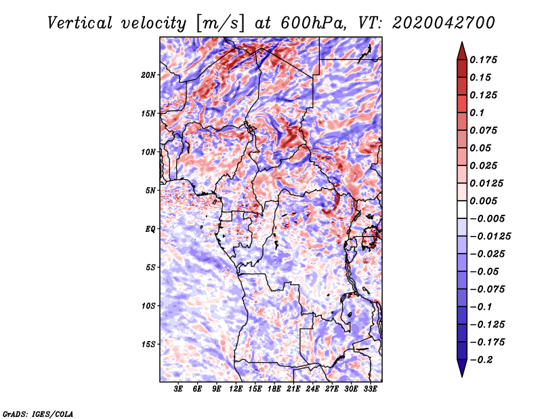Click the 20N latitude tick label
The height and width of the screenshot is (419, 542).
(148, 75)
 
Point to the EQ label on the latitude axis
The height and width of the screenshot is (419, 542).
(150, 228)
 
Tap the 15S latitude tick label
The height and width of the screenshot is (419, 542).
(148, 344)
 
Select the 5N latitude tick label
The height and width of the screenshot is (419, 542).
(150, 190)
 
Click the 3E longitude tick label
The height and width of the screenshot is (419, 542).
(178, 388)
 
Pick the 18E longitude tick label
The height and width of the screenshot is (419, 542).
(273, 388)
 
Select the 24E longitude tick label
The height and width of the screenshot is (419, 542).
(312, 388)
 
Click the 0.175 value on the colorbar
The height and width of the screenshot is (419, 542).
(484, 60)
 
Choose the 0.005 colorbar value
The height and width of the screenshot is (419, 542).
(484, 201)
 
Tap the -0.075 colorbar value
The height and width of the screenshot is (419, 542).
(487, 290)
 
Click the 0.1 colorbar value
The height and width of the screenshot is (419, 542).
(478, 113)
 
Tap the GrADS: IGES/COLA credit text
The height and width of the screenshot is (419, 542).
(37, 413)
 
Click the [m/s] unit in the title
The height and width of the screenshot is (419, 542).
(220, 23)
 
